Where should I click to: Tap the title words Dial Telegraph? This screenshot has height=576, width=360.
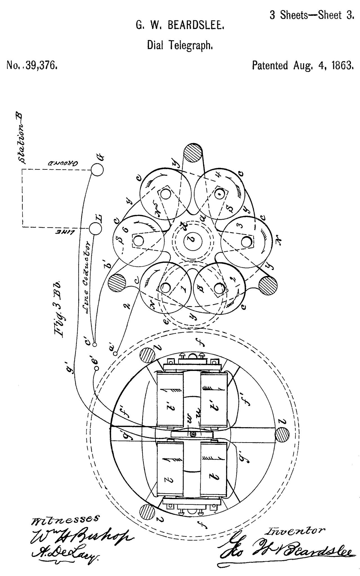coord(179,45)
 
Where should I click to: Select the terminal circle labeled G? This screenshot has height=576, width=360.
coord(97,170)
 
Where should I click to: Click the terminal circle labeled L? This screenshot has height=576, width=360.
coord(96,228)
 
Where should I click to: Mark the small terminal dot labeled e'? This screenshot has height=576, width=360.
coord(96,368)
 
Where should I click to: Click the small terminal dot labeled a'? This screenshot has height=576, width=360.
coord(116,352)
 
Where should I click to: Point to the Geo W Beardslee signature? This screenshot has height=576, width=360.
coord(284,552)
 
